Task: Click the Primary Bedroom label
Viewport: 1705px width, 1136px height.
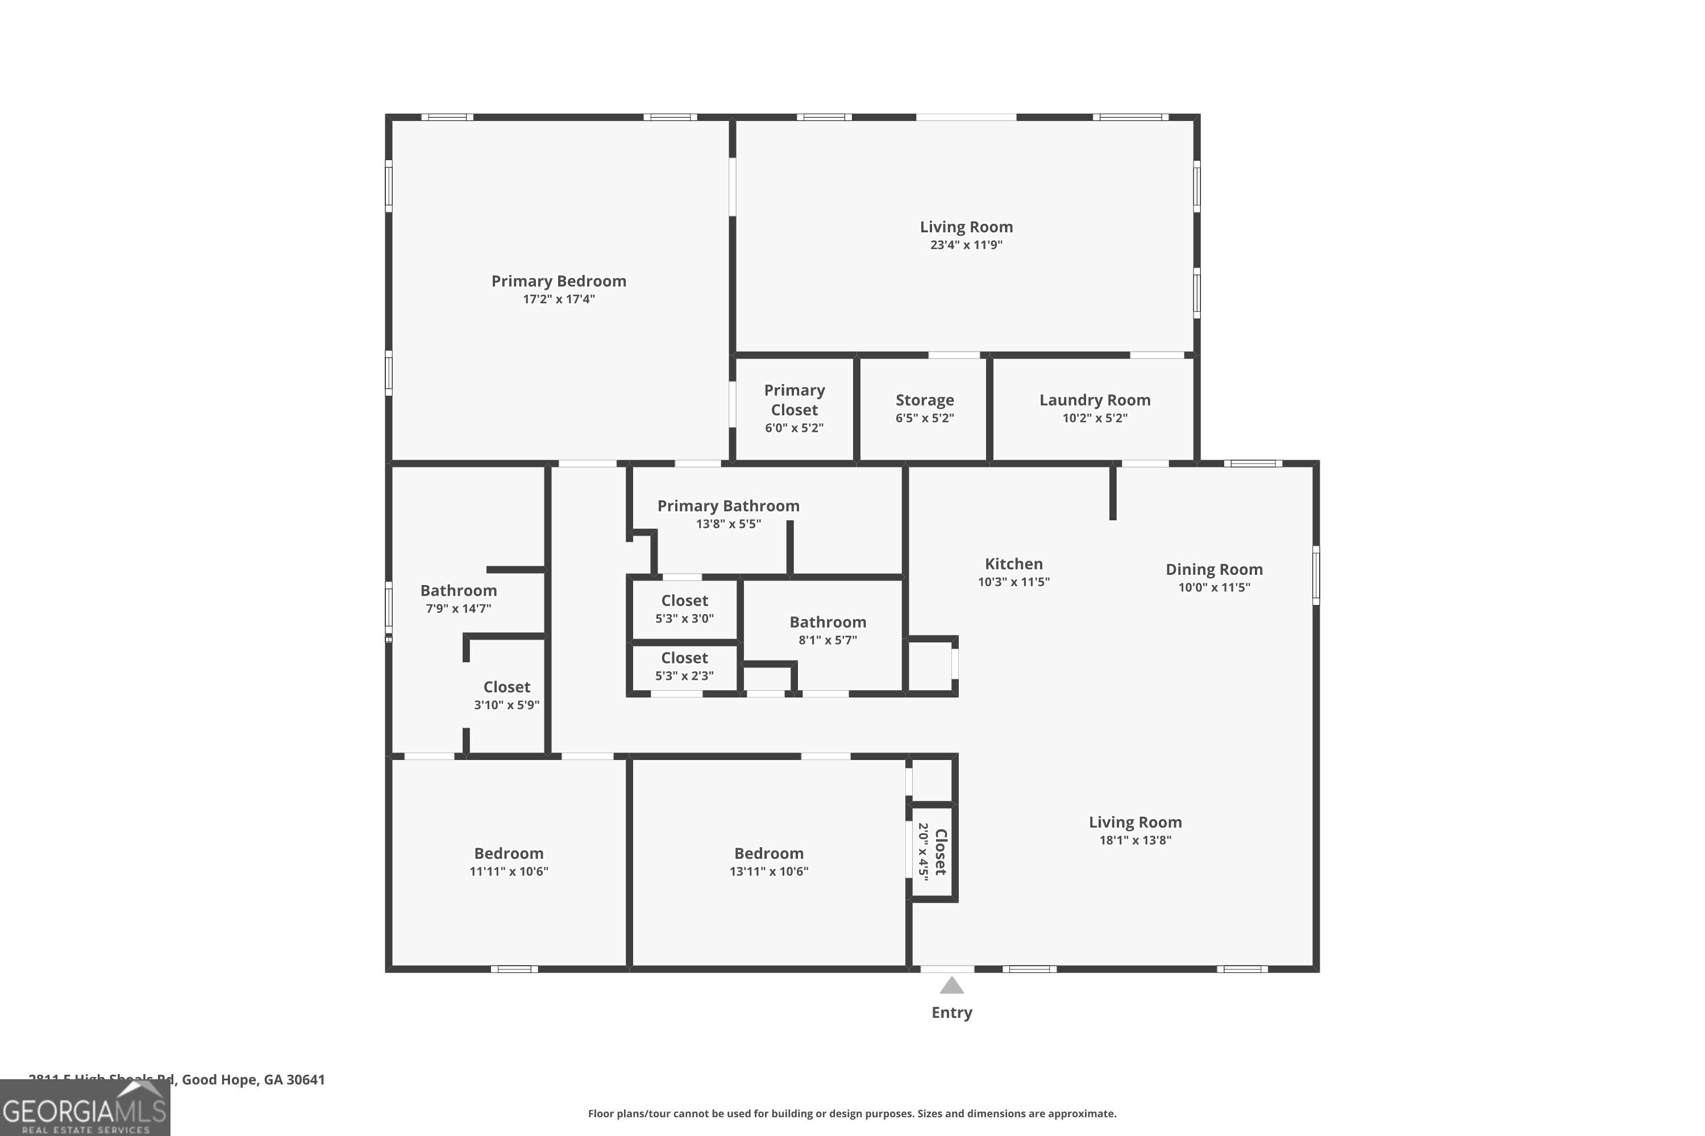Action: [x=558, y=281]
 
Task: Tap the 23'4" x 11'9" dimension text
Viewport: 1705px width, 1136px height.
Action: [x=966, y=245]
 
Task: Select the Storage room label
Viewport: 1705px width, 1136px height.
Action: [x=924, y=400]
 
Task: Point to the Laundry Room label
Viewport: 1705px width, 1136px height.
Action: [x=1095, y=400]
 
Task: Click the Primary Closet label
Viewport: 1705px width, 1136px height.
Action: [x=794, y=400]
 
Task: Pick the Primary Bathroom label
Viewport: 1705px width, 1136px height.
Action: [x=728, y=506]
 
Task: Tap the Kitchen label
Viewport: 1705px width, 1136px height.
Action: [x=1013, y=563]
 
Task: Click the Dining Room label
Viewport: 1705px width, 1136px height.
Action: [x=1213, y=570]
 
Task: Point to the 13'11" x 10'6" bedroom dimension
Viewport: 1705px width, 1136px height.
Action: [x=768, y=871]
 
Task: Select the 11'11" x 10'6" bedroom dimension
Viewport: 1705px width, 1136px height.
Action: [x=508, y=871]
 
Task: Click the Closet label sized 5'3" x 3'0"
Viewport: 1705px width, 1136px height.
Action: [x=684, y=600]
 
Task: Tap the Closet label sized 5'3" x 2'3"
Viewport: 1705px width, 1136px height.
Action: [x=684, y=658]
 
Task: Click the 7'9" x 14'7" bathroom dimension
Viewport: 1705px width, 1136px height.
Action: [x=458, y=608]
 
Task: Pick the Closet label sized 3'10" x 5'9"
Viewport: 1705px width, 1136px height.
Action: [x=507, y=687]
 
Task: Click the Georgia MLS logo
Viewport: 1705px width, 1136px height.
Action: [x=84, y=1109]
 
